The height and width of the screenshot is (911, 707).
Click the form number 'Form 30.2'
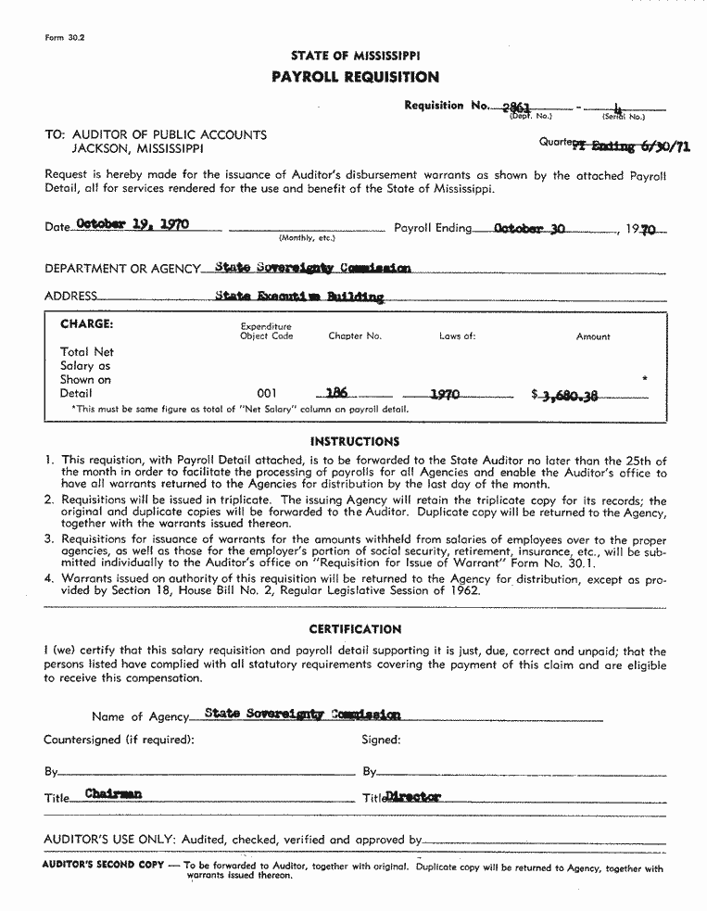coord(64,37)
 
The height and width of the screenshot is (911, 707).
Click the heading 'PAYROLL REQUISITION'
coord(355,77)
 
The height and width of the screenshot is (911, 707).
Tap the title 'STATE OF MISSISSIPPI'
coord(355,56)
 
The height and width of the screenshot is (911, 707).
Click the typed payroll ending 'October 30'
coord(529,226)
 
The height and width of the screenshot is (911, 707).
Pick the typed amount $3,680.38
coord(564,395)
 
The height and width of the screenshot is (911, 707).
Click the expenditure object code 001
coord(266,394)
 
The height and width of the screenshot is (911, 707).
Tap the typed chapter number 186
coord(337,393)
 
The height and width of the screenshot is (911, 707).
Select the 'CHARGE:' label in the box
coord(86,324)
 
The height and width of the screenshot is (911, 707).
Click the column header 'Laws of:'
coord(457,336)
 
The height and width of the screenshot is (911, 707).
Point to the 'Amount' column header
coord(593,336)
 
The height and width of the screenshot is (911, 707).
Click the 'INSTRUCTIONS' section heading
coord(355,441)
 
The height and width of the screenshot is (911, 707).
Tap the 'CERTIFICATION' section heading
coord(355,629)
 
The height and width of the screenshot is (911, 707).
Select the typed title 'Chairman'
coord(114,793)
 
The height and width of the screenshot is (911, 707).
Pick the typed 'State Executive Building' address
coord(298,297)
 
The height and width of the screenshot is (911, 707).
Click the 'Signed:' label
coord(381,740)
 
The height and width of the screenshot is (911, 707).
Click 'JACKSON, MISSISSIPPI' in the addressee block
coord(138,148)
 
